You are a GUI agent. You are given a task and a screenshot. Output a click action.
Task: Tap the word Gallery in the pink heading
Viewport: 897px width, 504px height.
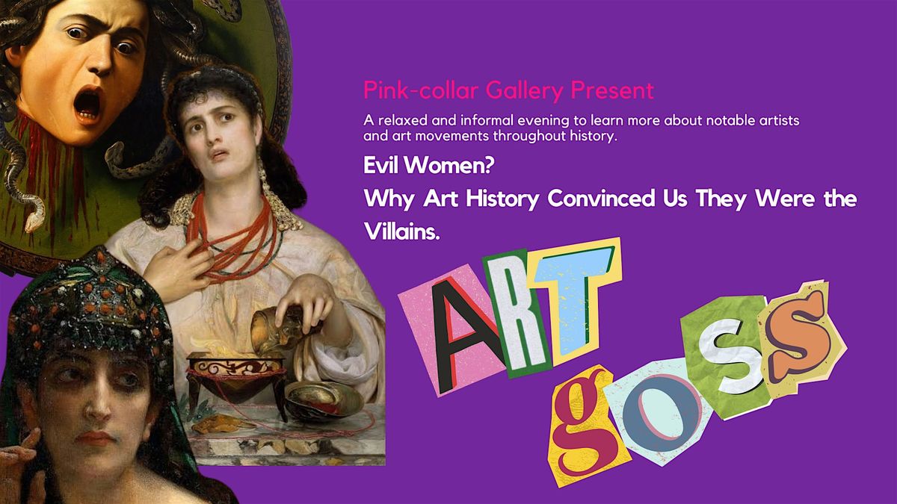pyautogui.click(x=524, y=91)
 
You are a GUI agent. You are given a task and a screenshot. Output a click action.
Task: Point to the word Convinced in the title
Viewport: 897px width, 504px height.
pyautogui.click(x=601, y=199)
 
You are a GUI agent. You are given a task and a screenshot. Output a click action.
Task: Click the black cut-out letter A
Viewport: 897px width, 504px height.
pyautogui.click(x=465, y=335)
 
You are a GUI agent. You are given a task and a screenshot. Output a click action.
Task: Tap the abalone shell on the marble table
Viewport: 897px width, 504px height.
pyautogui.click(x=324, y=400)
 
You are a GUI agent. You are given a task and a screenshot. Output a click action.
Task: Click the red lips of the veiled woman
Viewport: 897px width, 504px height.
pyautogui.click(x=96, y=438)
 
